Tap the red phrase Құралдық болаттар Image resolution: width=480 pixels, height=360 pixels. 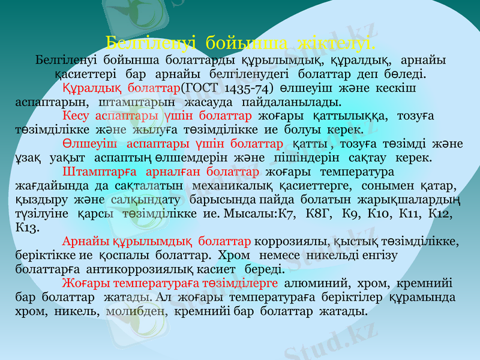[x=121, y=88]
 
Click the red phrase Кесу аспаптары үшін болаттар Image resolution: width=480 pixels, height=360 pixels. [x=157, y=115]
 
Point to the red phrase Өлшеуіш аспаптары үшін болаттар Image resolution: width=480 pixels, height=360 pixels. [x=173, y=144]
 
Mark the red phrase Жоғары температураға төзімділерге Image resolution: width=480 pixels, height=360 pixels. [x=170, y=283]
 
